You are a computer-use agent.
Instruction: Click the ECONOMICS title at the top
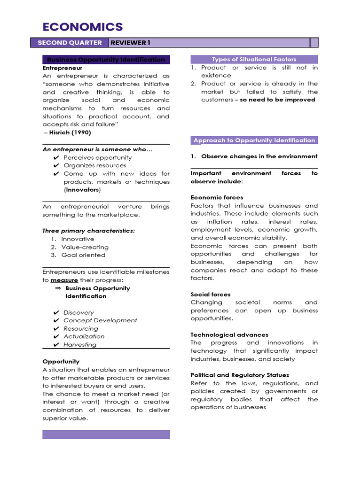coord(82,27)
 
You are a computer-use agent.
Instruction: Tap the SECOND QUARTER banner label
coord(70,43)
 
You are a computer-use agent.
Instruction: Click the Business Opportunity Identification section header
coord(106,60)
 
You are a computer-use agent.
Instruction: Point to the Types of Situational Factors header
coord(254,59)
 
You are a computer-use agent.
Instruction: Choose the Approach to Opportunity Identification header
coord(254,140)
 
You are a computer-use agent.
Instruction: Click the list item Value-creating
coord(85,247)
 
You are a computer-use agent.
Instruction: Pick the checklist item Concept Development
coord(100,320)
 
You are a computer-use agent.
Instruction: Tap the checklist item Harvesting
coord(80,345)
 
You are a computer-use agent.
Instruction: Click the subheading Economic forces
coord(217,198)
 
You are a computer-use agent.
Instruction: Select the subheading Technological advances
coord(229,335)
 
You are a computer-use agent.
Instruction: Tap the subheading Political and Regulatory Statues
coord(240,375)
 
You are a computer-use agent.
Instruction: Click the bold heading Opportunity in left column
coord(61,362)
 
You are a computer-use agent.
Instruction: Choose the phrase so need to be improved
coord(277,100)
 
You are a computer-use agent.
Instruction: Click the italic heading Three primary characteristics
coord(88,231)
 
